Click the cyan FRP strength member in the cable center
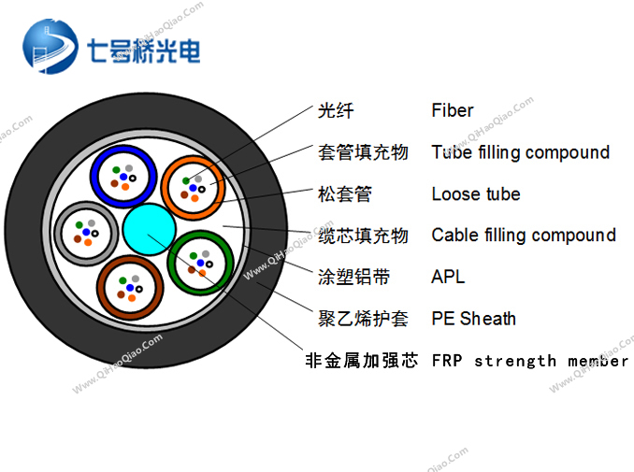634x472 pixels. [x=150, y=230]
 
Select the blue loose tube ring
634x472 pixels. [x=94, y=177]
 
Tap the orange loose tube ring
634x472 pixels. [x=165, y=188]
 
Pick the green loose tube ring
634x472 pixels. [x=171, y=263]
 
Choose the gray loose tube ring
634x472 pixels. [x=58, y=233]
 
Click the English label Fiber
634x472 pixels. [x=452, y=110]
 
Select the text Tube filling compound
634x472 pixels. [x=520, y=152]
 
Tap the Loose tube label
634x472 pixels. [x=475, y=194]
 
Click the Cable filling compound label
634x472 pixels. [x=524, y=236]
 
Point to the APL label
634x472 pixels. [x=448, y=277]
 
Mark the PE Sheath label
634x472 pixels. [x=473, y=319]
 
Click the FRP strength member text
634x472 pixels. [x=530, y=361]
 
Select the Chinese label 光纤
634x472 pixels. [x=336, y=110]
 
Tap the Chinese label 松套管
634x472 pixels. [x=344, y=194]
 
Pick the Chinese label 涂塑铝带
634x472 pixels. [x=353, y=278]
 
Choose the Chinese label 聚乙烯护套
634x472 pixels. [x=363, y=319]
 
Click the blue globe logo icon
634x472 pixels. [x=50, y=46]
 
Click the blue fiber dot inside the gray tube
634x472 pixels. [x=86, y=232]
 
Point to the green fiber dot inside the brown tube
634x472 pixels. [x=122, y=280]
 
